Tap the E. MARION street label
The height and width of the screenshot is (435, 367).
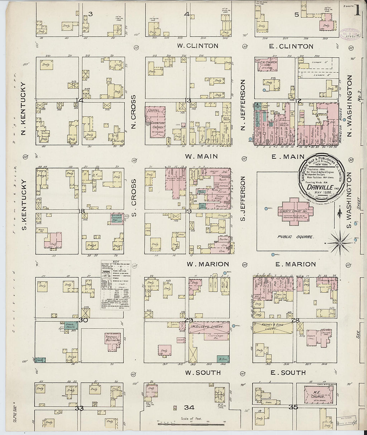tap(291, 264)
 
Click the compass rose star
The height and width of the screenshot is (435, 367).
tap(340, 243)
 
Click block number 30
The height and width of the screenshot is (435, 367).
tap(83, 320)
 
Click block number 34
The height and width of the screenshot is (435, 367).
tap(189, 407)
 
